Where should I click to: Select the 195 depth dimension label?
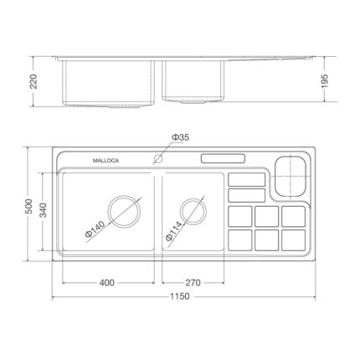pyautogui.click(x=334, y=79)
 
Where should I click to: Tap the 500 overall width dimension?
pyautogui.click(x=28, y=209)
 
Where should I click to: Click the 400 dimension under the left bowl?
pyautogui.click(x=106, y=282)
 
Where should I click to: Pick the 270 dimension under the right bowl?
pyautogui.click(x=193, y=282)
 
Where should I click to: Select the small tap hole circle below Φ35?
pyautogui.click(x=157, y=158)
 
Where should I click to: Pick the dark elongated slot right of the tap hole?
pyautogui.click(x=223, y=158)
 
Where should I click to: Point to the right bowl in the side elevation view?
pyautogui.click(x=194, y=81)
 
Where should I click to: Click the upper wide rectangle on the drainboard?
pyautogui.click(x=245, y=179)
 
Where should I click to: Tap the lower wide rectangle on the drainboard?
pyautogui.click(x=245, y=195)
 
